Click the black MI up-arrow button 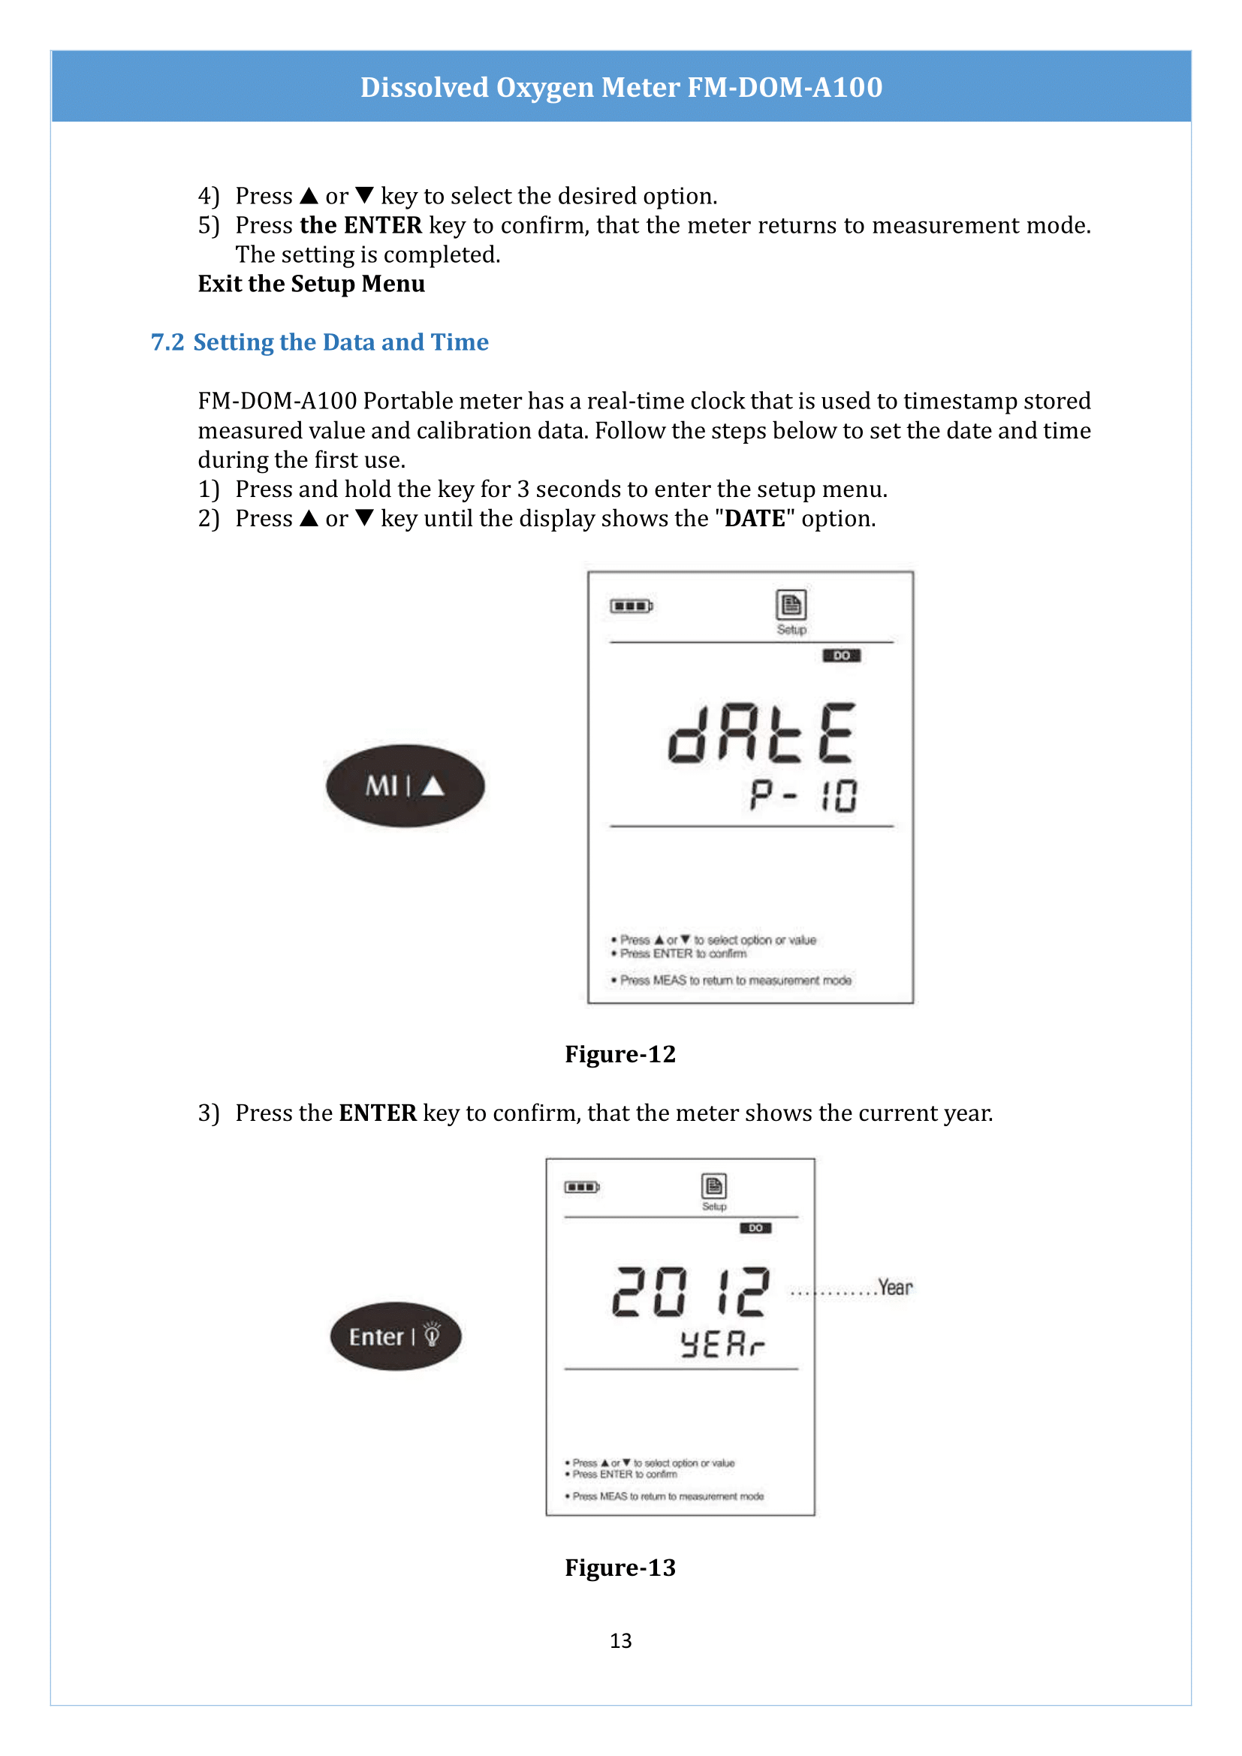(405, 785)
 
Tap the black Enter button (396, 1336)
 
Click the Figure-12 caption (619, 1054)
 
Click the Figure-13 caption (619, 1567)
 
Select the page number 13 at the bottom (620, 1640)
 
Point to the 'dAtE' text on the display (761, 733)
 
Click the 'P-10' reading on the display (803, 795)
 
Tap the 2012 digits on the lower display (690, 1293)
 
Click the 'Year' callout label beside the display (895, 1288)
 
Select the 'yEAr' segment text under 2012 (722, 1344)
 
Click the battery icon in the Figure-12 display (631, 606)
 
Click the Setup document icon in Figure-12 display (791, 605)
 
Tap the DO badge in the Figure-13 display (755, 1228)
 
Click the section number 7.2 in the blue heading (167, 342)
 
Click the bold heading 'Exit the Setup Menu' (312, 284)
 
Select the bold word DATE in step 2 (754, 519)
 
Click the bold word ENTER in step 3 (377, 1113)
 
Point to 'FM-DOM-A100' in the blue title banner (785, 87)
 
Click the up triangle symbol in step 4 (308, 196)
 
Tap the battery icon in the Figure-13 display (581, 1187)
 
